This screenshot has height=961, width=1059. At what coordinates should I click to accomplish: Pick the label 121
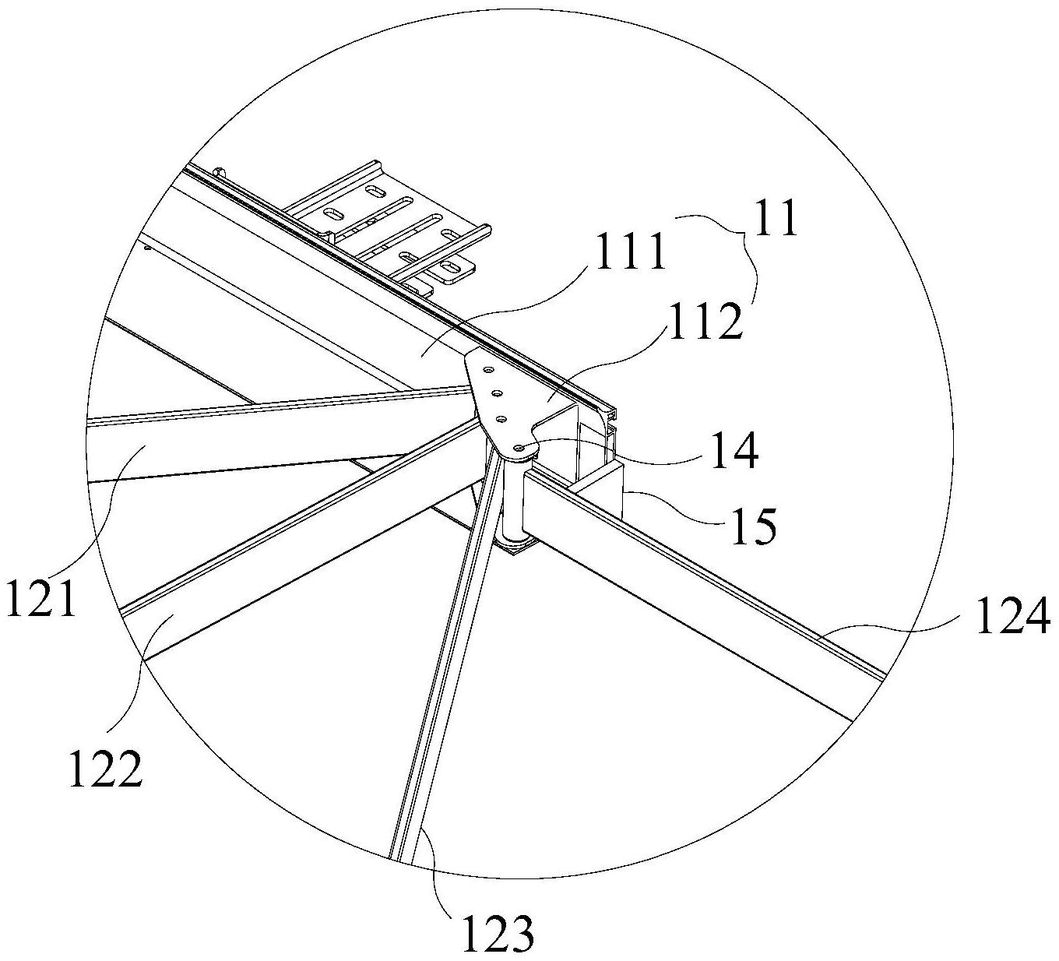click(42, 598)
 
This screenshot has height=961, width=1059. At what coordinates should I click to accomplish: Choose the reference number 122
click(106, 769)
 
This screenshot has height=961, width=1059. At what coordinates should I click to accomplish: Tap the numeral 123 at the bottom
click(498, 934)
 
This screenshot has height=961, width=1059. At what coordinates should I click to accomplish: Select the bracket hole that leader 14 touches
click(518, 447)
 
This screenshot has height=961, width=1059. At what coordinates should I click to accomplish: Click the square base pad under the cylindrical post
click(514, 549)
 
